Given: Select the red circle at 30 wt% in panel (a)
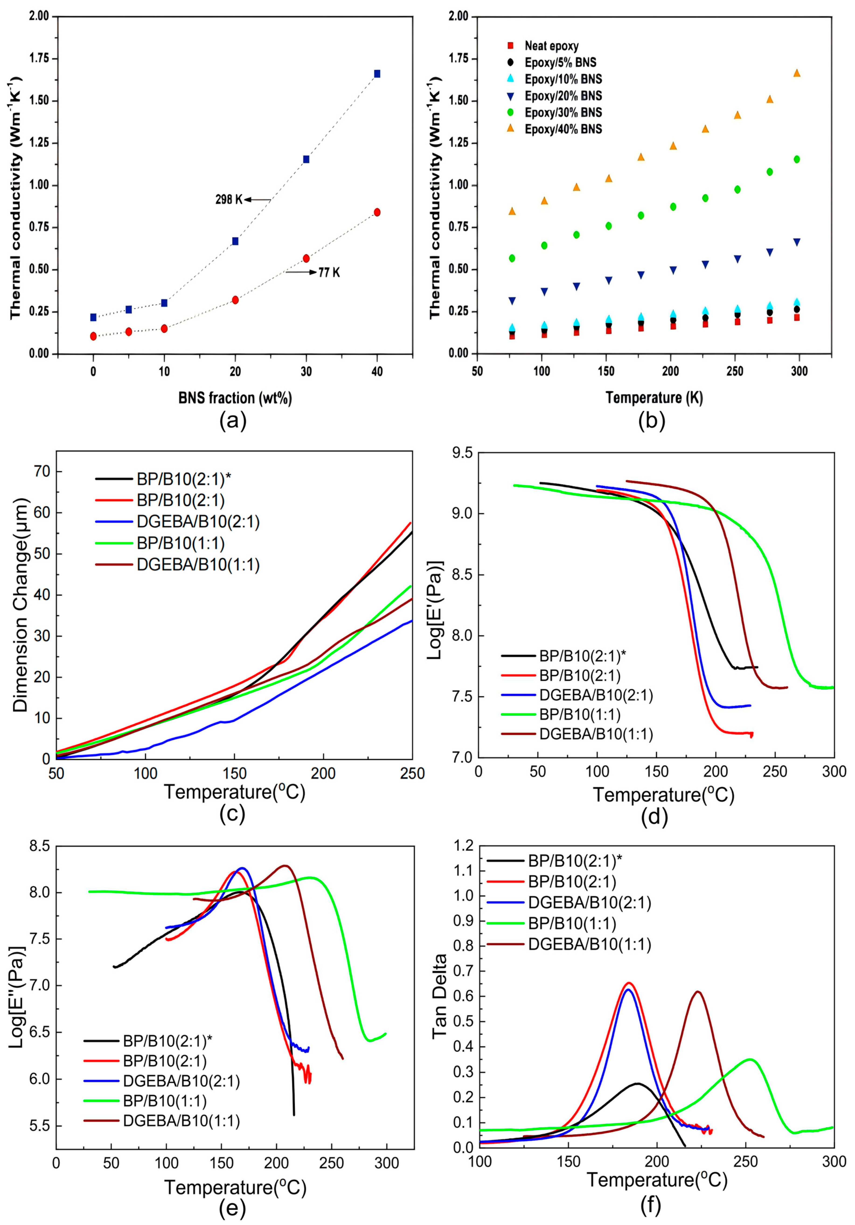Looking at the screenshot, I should point(306,258).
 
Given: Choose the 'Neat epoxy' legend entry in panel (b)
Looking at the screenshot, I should point(551,46).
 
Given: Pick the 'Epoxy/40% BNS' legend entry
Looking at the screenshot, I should point(563,129).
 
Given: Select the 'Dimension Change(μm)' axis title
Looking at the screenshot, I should point(20,606).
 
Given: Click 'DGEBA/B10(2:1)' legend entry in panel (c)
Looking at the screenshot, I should point(198,522).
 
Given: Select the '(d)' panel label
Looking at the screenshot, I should point(654,817).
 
